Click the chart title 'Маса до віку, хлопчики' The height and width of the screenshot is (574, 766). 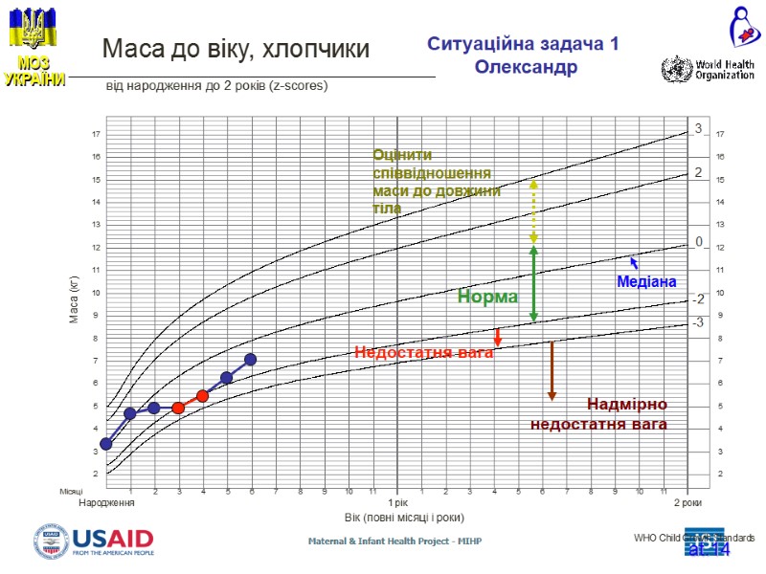coord(236,49)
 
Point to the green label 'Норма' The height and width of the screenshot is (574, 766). coord(487,298)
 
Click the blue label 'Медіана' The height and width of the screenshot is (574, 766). coord(646,281)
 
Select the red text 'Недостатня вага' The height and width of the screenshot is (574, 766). coord(423,352)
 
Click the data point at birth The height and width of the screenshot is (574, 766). coord(106,444)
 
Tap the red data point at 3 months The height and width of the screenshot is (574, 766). coord(178,408)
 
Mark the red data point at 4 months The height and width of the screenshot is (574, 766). coord(202,396)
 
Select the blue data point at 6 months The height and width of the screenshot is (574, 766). coord(250,360)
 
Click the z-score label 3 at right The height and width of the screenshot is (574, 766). coord(698,128)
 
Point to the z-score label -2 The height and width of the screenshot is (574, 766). coord(698,299)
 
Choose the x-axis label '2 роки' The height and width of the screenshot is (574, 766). coord(688,502)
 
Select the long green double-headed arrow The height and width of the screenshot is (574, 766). coord(533,283)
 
